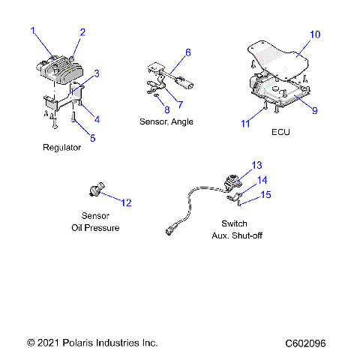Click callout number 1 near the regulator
[x=33, y=30]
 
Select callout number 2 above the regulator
[x=82, y=32]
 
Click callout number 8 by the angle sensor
[x=167, y=109]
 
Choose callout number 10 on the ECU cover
[x=315, y=34]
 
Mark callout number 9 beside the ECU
[x=314, y=110]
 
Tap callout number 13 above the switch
[x=257, y=165]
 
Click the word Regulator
[x=61, y=148]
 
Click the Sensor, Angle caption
[x=166, y=121]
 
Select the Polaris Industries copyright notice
[x=92, y=343]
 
